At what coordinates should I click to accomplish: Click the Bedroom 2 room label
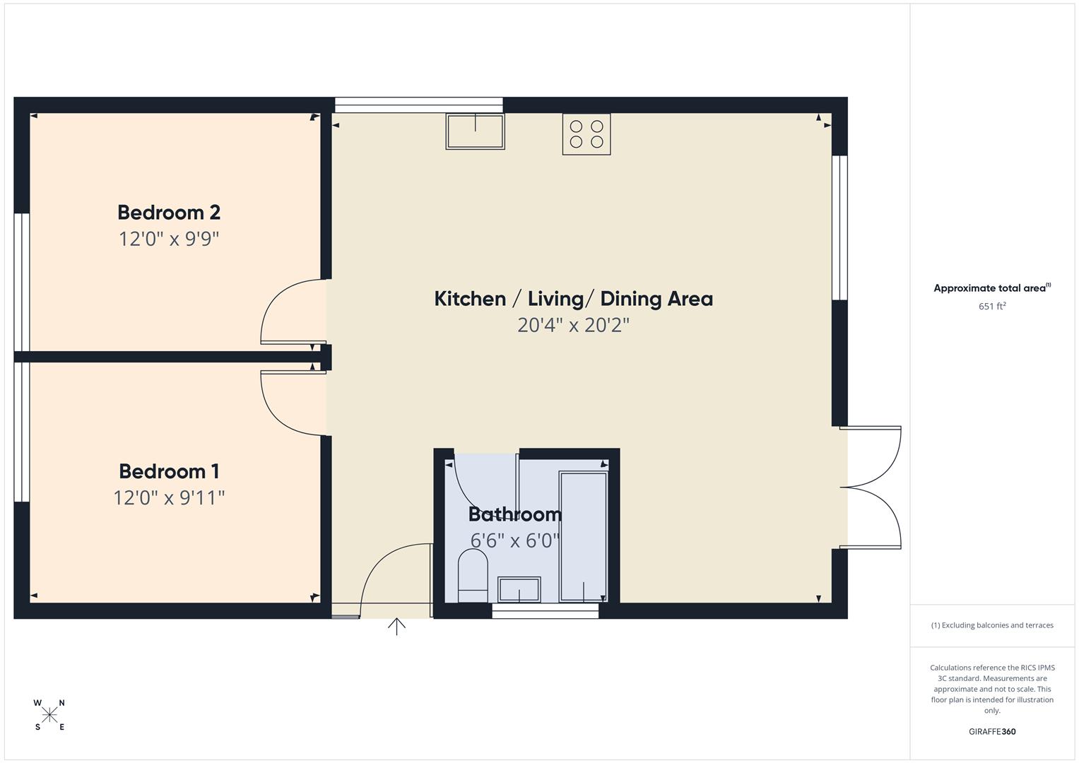(169, 212)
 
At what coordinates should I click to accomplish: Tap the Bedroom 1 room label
(169, 471)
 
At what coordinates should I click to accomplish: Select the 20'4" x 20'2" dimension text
(573, 325)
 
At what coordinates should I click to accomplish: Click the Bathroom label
(515, 514)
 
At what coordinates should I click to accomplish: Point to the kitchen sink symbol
(475, 131)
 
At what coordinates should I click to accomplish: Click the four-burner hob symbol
(586, 134)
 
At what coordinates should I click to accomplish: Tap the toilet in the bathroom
(473, 576)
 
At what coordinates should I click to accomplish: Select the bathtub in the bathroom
(583, 537)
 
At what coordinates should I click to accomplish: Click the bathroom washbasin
(519, 589)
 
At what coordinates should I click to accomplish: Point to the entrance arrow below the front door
(396, 627)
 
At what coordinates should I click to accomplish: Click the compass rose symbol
(49, 715)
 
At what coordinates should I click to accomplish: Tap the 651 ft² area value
(992, 307)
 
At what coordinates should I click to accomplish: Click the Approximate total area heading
(992, 288)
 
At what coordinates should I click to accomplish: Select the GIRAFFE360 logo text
(992, 732)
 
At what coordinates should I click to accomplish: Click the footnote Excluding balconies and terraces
(992, 625)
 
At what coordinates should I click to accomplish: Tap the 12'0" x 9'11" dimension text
(169, 498)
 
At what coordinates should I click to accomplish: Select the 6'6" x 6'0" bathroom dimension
(515, 540)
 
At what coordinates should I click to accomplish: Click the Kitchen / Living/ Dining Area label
(573, 299)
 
